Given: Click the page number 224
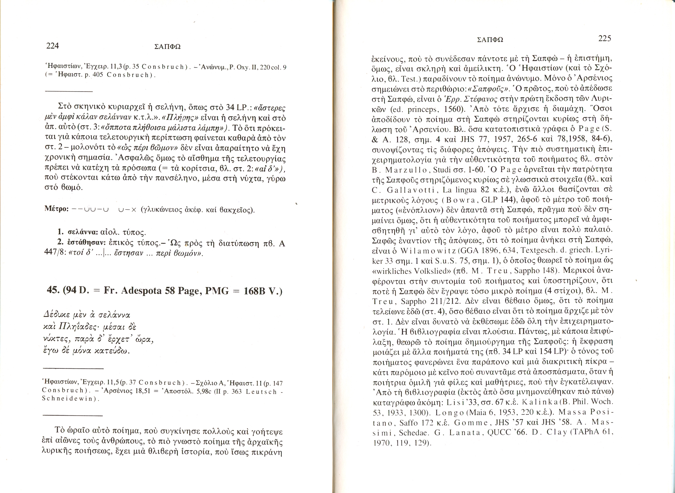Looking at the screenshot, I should pyautogui.click(x=52, y=46).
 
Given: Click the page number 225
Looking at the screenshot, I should pyautogui.click(x=604, y=39).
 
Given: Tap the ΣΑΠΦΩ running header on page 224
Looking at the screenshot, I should pyautogui.click(x=167, y=47).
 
